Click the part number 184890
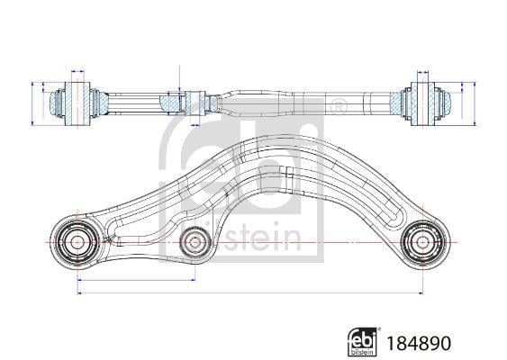(x=419, y=343)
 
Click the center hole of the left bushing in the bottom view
(x=77, y=242)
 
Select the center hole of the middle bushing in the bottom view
(x=195, y=242)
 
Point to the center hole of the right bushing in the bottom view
(x=422, y=242)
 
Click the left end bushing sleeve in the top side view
(x=77, y=104)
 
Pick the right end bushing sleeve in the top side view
(x=423, y=104)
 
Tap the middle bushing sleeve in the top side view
(x=195, y=103)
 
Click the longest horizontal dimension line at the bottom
(x=250, y=293)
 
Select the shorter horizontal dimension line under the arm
(x=136, y=280)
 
